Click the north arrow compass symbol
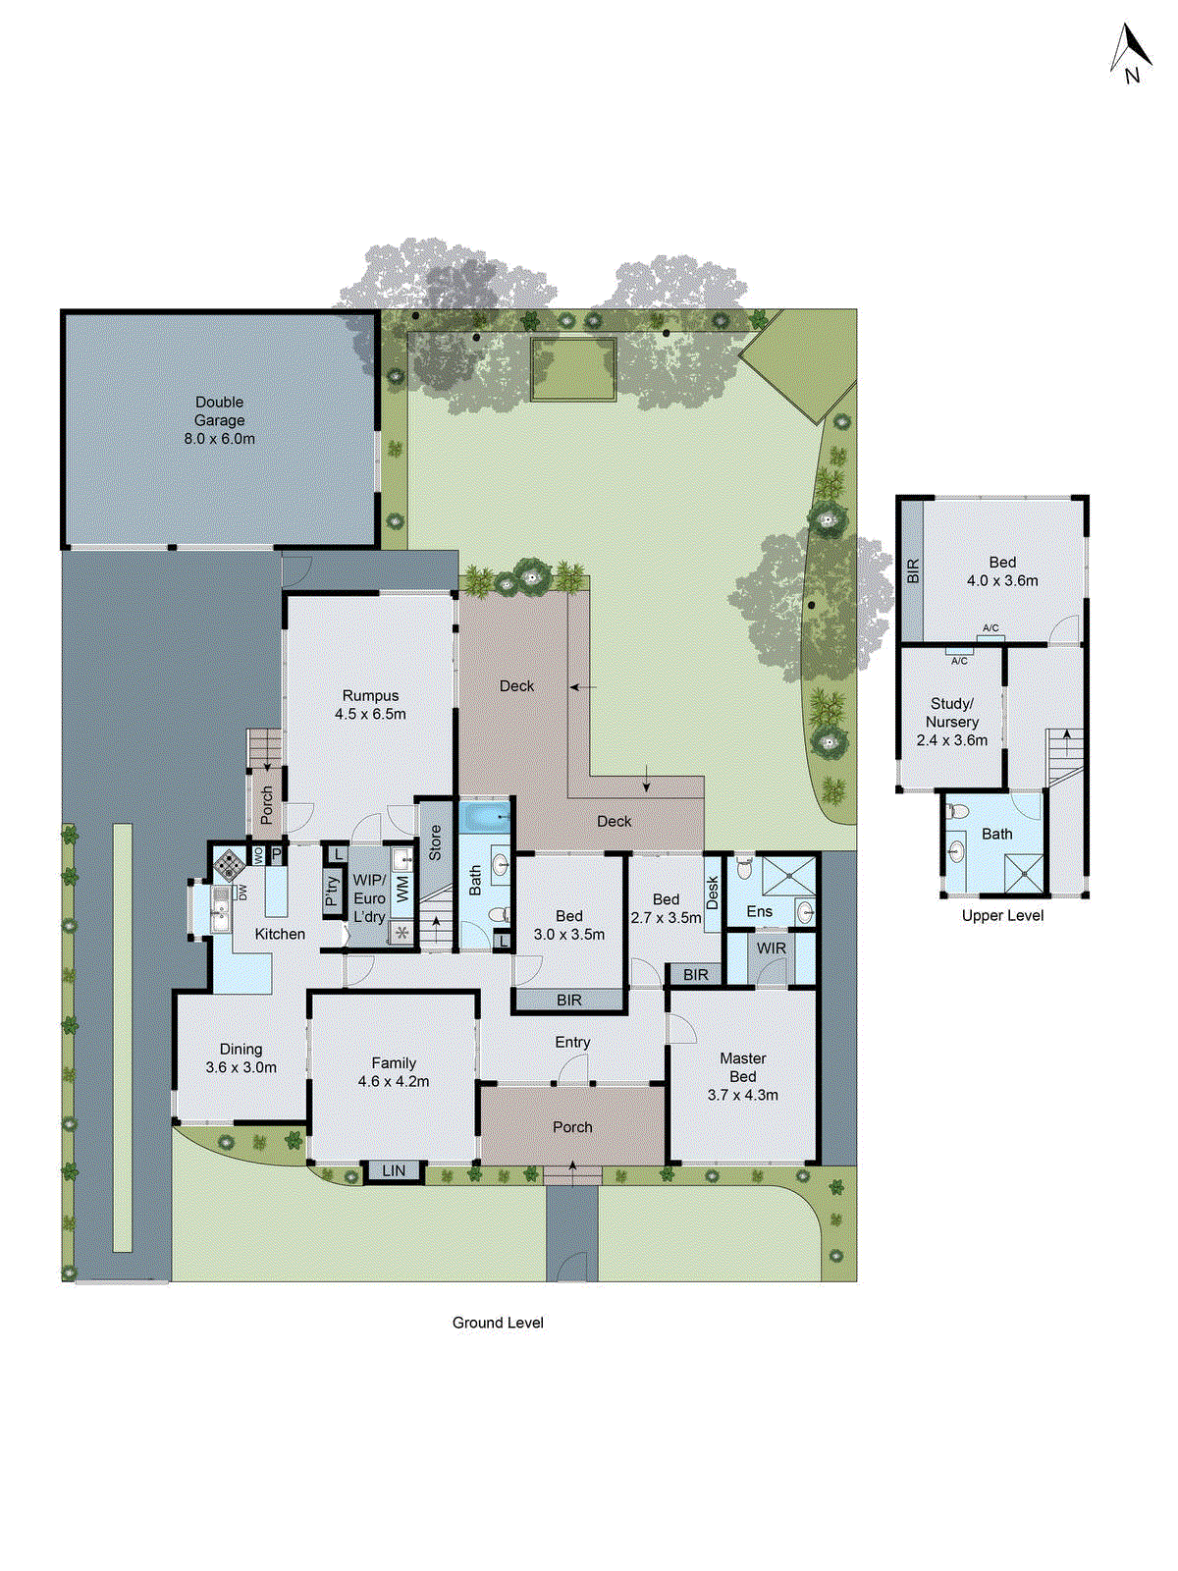coord(1130,54)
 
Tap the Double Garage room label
coord(219,420)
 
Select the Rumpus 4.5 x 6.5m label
coord(370,705)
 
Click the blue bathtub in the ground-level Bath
coord(486,816)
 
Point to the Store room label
coord(435,843)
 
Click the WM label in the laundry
coord(402,891)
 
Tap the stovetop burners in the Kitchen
coord(231,864)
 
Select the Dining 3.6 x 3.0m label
coord(241,1058)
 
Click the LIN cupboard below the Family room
coord(394,1170)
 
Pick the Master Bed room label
coord(743,1076)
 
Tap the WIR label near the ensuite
coord(772,948)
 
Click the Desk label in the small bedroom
coord(713,893)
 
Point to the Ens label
coord(760,911)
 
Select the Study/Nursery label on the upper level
coord(951,722)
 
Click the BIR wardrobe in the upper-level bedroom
coord(913,570)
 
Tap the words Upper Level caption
coord(1002,915)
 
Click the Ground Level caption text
coord(498,1323)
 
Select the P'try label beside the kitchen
coord(333,890)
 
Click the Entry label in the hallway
coord(572,1042)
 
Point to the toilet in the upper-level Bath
coord(958,812)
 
